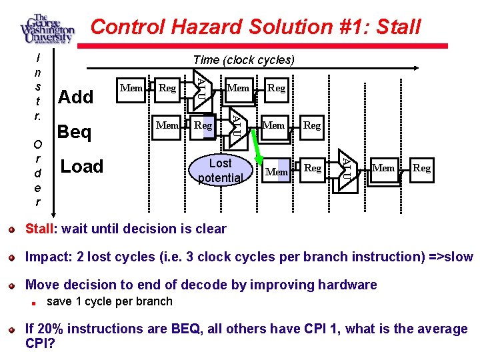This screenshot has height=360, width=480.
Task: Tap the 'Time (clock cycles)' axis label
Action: (x=243, y=60)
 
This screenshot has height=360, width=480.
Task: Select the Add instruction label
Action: (x=76, y=97)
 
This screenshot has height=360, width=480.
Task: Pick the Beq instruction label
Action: (x=75, y=132)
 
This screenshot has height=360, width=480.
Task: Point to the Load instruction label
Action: (x=82, y=167)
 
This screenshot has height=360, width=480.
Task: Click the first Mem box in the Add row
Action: (x=131, y=88)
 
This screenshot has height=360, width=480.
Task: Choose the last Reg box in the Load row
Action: (x=421, y=168)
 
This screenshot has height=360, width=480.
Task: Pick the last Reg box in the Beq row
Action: (x=311, y=125)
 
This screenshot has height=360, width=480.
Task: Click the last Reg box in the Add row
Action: (x=276, y=88)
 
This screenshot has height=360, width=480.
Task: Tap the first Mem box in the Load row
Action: (x=277, y=171)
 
